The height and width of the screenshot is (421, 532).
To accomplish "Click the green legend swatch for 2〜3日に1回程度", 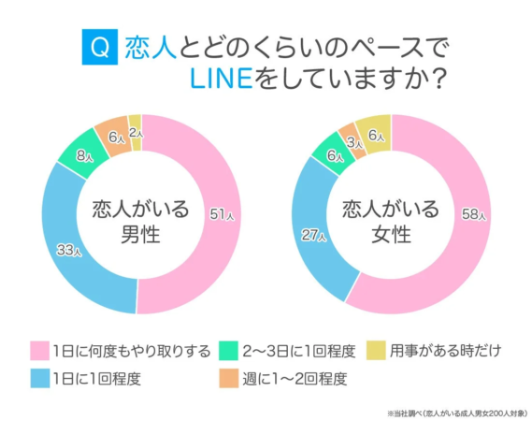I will click(x=226, y=351).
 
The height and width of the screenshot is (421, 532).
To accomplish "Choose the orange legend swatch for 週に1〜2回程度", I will click(x=226, y=379).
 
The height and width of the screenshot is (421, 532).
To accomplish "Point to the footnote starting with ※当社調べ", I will click(x=449, y=410).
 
